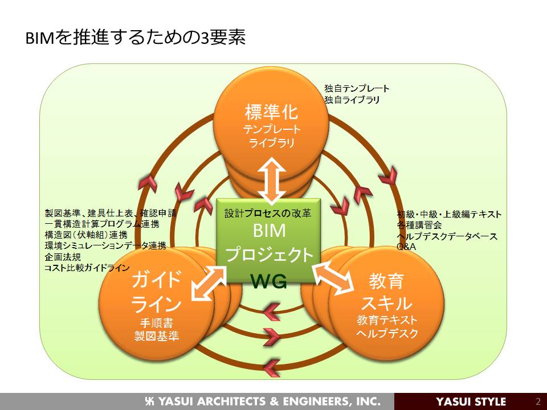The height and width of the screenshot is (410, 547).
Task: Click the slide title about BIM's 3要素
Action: click(136, 38)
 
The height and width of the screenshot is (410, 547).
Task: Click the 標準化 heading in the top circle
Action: click(271, 112)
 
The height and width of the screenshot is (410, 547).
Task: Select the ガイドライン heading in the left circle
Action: click(157, 292)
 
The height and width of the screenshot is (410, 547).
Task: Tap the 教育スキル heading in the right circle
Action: click(386, 292)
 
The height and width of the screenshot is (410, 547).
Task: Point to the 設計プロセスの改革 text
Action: click(268, 214)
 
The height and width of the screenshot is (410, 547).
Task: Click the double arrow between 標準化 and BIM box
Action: click(271, 181)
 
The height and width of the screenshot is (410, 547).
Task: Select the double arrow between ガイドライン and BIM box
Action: click(209, 284)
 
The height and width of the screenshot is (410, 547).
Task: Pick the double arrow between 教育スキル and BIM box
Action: click(333, 280)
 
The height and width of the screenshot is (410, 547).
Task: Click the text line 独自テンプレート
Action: click(357, 89)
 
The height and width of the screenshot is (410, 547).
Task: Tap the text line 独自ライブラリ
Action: click(352, 100)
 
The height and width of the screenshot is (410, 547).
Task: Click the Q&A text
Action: click(406, 247)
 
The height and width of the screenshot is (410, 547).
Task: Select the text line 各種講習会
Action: click(419, 225)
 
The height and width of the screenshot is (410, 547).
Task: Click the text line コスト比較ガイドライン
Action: click(87, 268)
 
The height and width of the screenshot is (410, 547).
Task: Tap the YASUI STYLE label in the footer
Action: click(471, 401)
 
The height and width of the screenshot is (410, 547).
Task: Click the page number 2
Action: click(538, 401)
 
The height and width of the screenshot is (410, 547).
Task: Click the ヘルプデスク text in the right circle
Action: click(387, 333)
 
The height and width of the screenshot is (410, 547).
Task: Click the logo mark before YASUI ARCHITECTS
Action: click(150, 401)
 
